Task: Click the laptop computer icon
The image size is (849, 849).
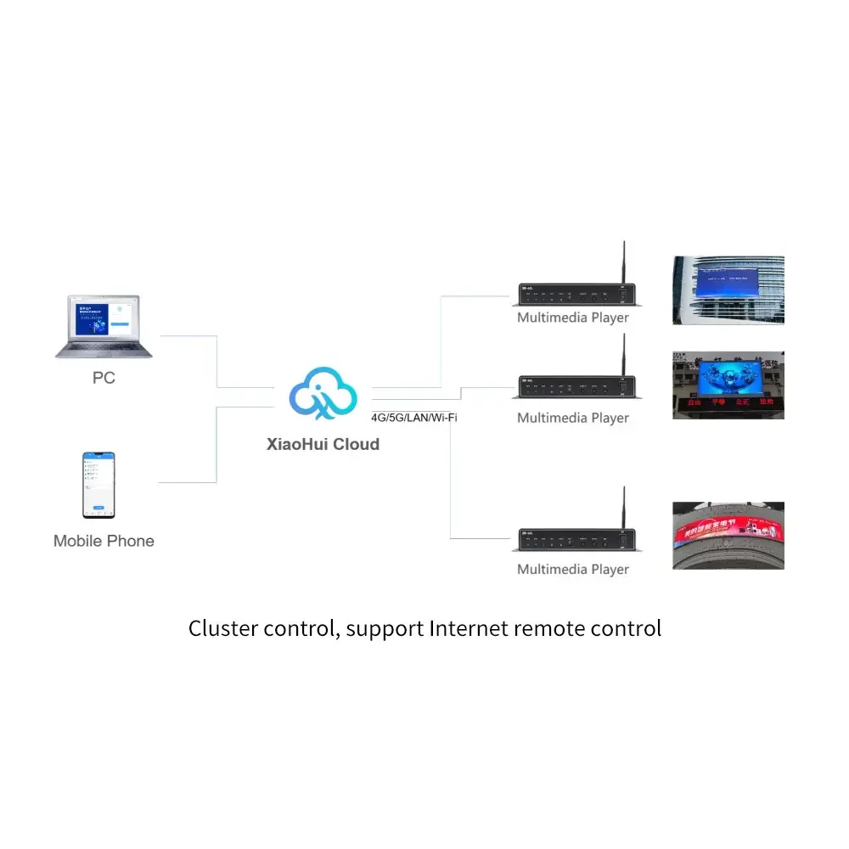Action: [104, 326]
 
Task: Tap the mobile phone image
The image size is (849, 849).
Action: [98, 485]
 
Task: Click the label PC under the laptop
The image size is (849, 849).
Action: [104, 378]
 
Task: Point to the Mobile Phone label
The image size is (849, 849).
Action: [104, 541]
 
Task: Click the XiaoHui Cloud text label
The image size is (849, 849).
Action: [323, 444]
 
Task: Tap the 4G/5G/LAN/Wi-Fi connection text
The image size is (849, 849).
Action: [414, 418]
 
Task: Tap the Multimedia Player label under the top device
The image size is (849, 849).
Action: [573, 318]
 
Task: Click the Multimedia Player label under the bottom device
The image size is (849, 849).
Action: [573, 569]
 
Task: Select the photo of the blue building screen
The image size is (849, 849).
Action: [728, 290]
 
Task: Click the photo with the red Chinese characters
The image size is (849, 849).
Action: [728, 385]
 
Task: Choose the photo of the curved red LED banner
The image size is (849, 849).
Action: [728, 535]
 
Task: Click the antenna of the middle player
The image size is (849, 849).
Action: [622, 356]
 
